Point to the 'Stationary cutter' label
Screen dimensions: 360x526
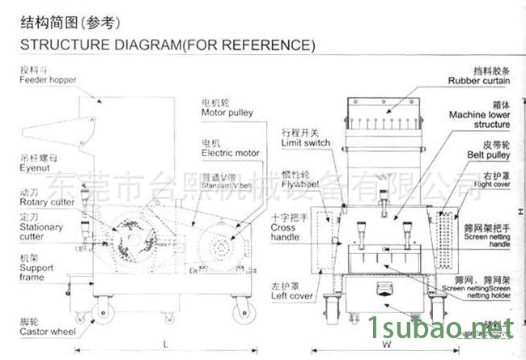point(40,232)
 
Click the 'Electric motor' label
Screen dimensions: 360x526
point(231,151)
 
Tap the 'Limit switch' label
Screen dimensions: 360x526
point(306,142)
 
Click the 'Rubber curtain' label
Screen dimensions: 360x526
point(479,81)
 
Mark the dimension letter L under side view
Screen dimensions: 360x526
point(164,345)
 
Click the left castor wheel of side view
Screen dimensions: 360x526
point(101,312)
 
